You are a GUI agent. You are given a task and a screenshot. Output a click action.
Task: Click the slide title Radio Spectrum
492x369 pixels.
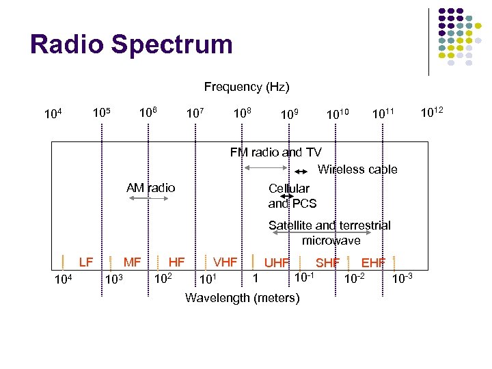point(131,45)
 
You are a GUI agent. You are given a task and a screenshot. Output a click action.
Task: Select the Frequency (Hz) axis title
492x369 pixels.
point(247,87)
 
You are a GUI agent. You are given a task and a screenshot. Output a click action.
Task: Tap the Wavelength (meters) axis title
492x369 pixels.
point(242,298)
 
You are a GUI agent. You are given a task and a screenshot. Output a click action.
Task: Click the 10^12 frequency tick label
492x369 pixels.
point(431,110)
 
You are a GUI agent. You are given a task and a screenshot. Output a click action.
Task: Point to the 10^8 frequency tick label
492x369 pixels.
point(241,111)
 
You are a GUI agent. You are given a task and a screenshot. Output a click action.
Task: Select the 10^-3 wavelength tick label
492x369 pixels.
point(402,278)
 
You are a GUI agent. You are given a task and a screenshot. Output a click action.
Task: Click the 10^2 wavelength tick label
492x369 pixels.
point(162,278)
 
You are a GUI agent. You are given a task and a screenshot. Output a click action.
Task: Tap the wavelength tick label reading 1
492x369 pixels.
point(255,277)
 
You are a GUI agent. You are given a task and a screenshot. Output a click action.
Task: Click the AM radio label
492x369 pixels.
point(150,188)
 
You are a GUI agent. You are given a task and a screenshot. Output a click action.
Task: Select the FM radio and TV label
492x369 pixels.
point(275,152)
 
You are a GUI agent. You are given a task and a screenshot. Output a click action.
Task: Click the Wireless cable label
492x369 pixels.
point(357,169)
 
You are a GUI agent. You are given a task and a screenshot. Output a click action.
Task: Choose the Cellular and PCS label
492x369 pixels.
point(292,195)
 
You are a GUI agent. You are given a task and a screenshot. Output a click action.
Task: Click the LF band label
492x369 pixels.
point(86,261)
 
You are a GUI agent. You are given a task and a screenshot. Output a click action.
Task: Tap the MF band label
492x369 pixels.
point(132,261)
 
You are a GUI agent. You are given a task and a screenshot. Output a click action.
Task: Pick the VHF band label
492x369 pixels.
point(225,261)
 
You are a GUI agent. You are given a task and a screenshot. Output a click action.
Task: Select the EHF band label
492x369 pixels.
point(373,262)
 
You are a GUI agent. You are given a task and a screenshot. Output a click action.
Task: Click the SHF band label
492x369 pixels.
point(327,262)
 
